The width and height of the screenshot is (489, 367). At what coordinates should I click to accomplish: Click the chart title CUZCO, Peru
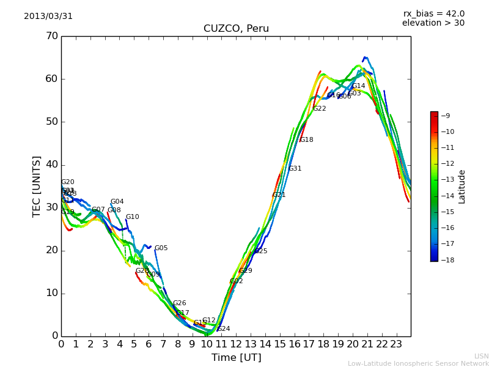236,29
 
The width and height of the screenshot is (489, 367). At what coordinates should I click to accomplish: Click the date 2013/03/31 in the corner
48,17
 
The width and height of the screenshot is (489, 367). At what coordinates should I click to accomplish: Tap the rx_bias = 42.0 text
433,14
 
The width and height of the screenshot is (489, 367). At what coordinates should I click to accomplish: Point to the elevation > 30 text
433,23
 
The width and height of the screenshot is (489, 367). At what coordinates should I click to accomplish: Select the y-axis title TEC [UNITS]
37,186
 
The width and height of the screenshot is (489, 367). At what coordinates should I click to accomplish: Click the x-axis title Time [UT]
236,358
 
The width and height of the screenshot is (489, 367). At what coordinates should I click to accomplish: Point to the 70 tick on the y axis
51,36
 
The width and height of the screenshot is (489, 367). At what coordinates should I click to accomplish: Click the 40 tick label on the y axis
51,165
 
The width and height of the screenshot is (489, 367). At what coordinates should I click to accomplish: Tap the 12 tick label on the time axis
236,344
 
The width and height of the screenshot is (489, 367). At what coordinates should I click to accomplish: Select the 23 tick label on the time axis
396,344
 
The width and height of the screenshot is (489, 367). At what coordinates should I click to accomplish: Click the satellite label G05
161,248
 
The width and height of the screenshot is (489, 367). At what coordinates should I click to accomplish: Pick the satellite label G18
306,140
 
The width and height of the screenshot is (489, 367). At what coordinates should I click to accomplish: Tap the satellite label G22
319,109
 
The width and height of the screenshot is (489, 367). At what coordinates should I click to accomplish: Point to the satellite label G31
295,169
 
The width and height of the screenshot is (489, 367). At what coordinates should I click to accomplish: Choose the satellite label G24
224,329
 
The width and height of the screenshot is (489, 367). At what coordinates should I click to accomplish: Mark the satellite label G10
133,217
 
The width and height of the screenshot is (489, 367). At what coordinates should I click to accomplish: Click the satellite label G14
358,86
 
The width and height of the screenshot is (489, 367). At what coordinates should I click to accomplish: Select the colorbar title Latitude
462,187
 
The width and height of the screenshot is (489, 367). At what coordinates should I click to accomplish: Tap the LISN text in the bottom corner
481,356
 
